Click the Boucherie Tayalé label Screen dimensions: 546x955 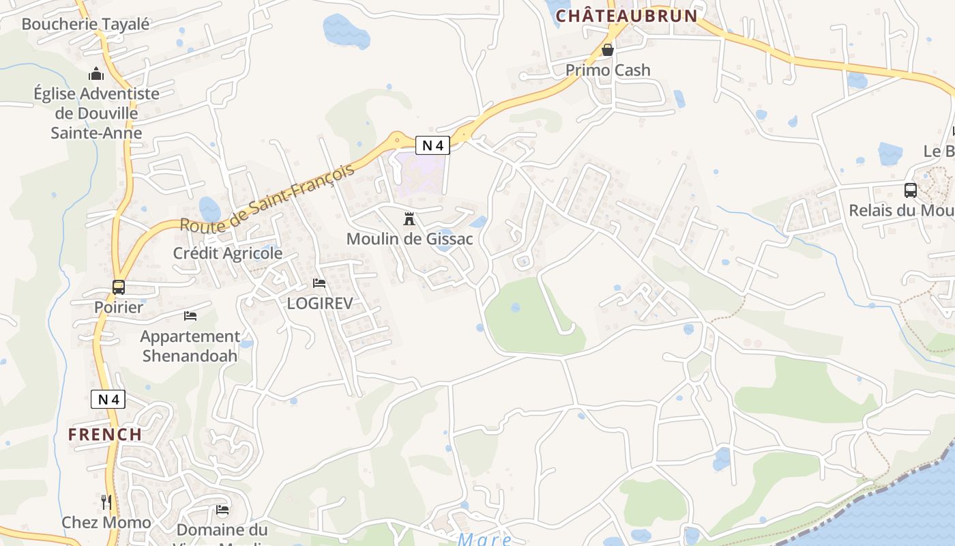pos(85,24)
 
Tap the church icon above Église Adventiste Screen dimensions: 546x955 pos(96,74)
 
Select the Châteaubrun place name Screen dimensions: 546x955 pos(627,16)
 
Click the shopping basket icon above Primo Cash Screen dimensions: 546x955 pos(608,50)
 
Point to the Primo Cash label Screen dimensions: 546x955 pos(608,70)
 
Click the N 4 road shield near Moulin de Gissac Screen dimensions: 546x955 pos(432,145)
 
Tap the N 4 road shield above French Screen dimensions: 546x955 pos(108,399)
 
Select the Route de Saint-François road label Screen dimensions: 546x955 pos(268,197)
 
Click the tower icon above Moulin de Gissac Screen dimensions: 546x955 pos(409,219)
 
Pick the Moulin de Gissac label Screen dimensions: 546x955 pos(409,239)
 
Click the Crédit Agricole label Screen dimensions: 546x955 pos(227,253)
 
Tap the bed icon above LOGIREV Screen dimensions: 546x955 pos(319,283)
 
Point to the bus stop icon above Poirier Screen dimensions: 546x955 pos(119,287)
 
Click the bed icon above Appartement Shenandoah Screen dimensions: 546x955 pos(190,316)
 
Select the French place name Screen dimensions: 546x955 pos(105,434)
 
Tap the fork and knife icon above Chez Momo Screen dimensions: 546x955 pos(106,503)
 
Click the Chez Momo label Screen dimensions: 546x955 pos(106,523)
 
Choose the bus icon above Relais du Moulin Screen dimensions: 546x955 pos(910,190)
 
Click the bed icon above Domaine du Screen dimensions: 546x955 pos(222,510)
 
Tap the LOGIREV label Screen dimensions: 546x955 pos(319,303)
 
